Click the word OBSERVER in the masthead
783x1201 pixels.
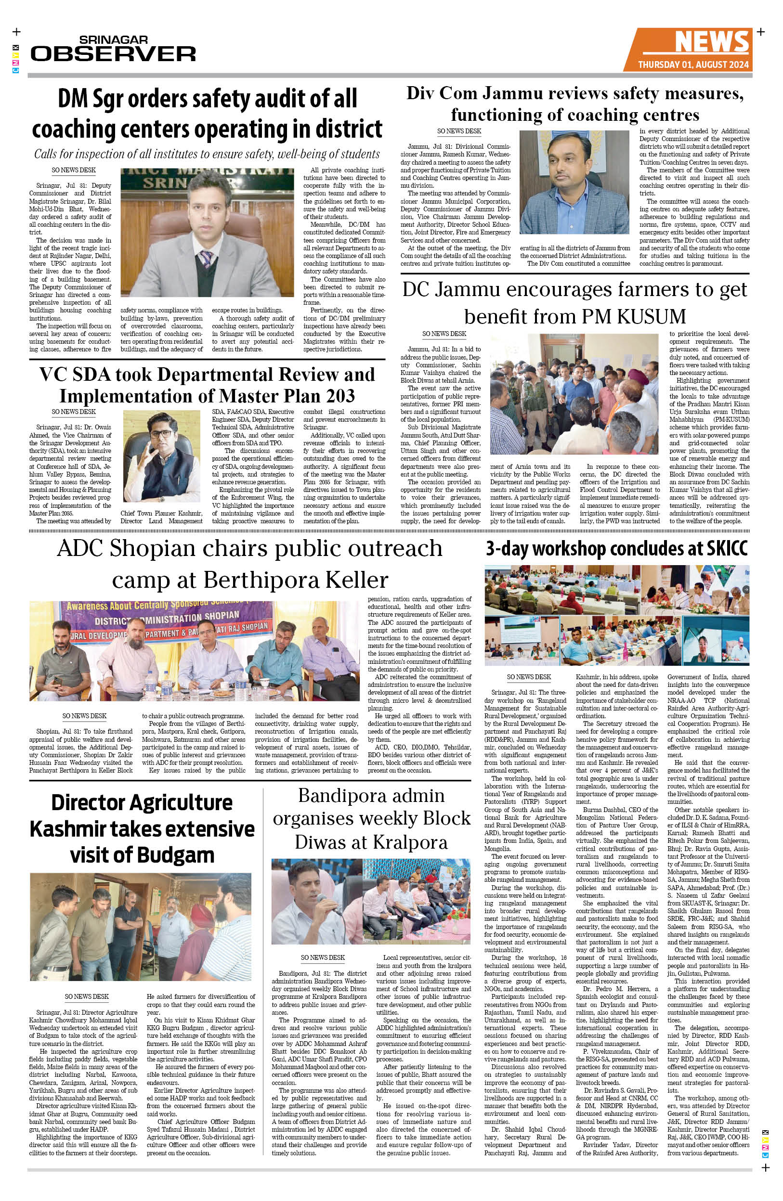[114, 53]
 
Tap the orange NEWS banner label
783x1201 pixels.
[711, 42]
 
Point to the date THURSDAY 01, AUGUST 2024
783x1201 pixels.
[693, 65]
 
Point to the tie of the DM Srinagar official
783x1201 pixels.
[205, 259]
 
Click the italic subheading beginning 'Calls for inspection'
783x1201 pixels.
[207, 154]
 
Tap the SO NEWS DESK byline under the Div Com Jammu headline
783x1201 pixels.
[459, 131]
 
